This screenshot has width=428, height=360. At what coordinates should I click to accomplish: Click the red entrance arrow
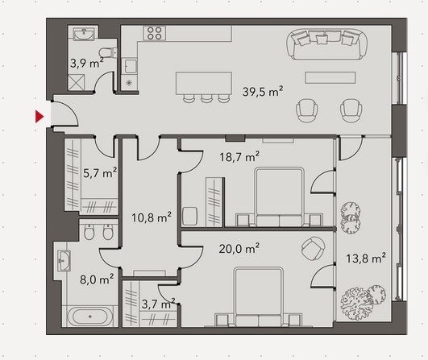[x=39, y=117]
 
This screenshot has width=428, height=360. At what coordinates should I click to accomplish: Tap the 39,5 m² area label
[x=263, y=92]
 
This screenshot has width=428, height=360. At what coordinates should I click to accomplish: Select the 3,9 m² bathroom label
[x=87, y=63]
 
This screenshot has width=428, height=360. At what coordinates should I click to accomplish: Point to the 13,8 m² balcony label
[x=366, y=258]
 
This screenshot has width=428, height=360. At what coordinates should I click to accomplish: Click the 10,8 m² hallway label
[x=152, y=217]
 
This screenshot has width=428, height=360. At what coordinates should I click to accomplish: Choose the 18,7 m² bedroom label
[x=239, y=156]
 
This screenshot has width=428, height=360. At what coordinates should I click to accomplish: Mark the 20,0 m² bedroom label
[x=239, y=248]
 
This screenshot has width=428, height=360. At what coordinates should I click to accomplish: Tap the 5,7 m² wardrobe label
[x=100, y=172]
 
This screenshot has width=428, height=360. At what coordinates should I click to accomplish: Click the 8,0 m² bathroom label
[x=97, y=279]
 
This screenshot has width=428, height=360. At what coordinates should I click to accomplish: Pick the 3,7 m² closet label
[x=158, y=304]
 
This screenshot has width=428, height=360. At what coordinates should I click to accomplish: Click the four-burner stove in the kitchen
[x=154, y=33]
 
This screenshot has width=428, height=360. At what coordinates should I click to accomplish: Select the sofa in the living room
[x=326, y=44]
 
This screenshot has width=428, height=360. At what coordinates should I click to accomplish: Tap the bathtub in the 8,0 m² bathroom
[x=89, y=317]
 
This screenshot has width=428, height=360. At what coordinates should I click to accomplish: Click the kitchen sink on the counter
[x=130, y=66]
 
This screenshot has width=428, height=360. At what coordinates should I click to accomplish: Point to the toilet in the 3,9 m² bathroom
[x=106, y=52]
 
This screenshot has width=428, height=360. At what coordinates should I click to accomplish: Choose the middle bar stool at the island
[x=206, y=98]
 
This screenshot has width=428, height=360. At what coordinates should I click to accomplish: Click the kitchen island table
[x=204, y=83]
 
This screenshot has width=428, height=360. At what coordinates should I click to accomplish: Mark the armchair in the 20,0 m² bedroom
[x=313, y=249]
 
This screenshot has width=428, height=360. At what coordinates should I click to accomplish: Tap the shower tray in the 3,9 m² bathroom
[x=76, y=83]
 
